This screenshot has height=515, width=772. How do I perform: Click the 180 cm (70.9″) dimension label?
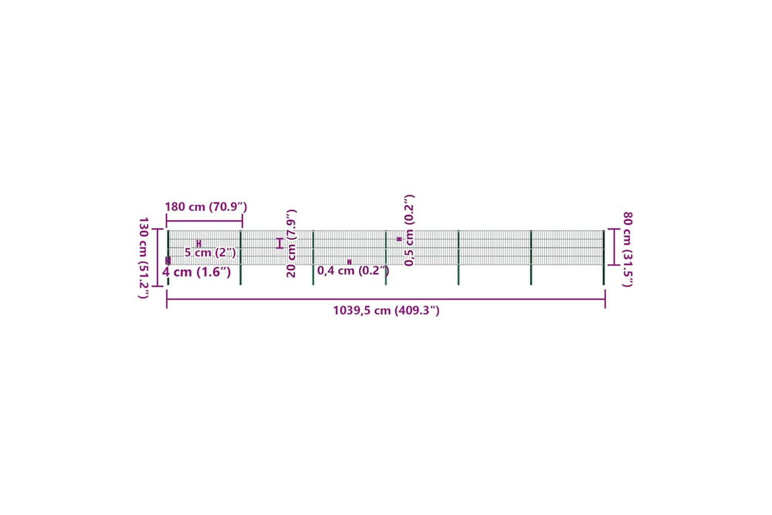[206, 207]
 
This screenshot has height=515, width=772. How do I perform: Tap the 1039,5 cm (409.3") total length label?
[386, 311]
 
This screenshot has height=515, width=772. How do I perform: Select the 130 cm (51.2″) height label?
[144, 257]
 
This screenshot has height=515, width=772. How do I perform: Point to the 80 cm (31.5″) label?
[627, 249]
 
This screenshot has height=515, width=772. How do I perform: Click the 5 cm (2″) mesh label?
[210, 252]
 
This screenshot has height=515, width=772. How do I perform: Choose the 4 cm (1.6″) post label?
[197, 272]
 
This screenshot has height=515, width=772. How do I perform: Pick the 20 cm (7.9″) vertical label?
[291, 243]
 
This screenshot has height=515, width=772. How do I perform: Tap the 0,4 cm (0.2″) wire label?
[353, 270]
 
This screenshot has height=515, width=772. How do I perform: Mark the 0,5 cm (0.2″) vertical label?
[409, 230]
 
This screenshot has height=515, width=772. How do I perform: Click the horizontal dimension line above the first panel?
[204, 221]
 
